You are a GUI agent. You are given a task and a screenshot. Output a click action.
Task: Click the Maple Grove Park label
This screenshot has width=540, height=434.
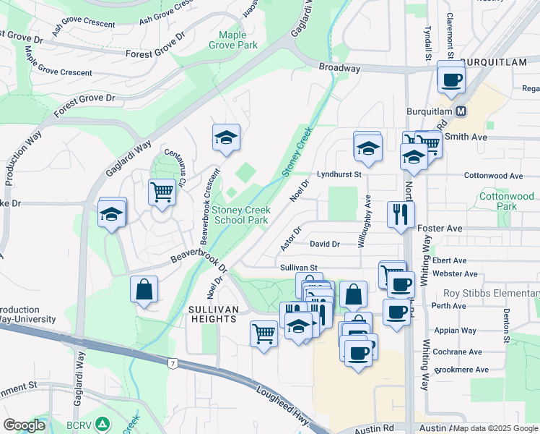pyautogui.click(x=233, y=40)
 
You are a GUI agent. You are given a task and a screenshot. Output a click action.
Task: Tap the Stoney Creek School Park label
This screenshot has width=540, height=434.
pyautogui.click(x=240, y=215)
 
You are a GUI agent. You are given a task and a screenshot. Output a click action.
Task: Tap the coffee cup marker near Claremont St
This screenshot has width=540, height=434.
pyautogui.click(x=451, y=79)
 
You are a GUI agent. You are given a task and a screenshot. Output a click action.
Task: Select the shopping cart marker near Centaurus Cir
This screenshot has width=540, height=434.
pyautogui.click(x=162, y=192)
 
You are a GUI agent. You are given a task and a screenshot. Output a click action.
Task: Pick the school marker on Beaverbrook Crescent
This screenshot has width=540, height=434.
pyautogui.click(x=226, y=137)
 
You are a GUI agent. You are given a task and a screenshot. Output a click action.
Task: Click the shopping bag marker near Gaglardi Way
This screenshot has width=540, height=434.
pyautogui.click(x=144, y=289)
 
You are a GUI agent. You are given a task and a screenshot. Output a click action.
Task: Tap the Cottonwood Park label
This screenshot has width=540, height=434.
pyautogui.click(x=508, y=201)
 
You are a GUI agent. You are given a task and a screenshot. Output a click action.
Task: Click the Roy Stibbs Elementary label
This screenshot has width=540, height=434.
pyautogui.click(x=491, y=293)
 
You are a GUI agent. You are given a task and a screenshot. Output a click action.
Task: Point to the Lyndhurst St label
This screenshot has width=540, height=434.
pyautogui.click(x=339, y=175)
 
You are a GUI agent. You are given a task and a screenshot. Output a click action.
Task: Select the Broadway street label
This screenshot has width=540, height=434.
pyautogui.click(x=339, y=68)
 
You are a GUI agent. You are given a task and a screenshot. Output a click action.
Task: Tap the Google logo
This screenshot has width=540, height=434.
pyautogui.click(x=24, y=425)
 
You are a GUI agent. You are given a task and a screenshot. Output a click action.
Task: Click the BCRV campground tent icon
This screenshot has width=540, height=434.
pyautogui.click(x=103, y=423)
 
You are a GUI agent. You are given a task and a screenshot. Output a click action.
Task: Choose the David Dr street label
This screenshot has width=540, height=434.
pyautogui.click(x=325, y=244)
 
